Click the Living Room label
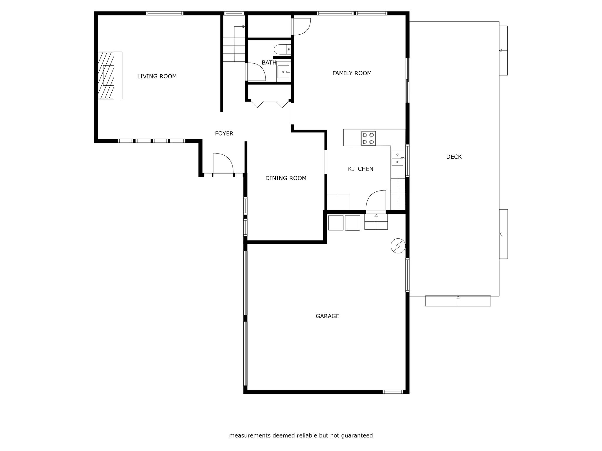click(x=157, y=76)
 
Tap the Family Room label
click(x=352, y=73)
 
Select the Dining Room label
click(x=286, y=178)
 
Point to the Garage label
click(x=327, y=316)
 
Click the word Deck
click(x=454, y=157)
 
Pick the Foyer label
click(x=224, y=134)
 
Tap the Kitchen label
click(x=361, y=169)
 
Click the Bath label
click(x=269, y=63)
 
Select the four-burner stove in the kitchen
click(x=368, y=138)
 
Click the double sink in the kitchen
click(x=397, y=159)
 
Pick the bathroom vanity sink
click(x=284, y=72)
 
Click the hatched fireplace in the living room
click(x=106, y=75)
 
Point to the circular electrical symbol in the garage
click(x=398, y=246)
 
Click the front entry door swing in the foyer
click(x=223, y=163)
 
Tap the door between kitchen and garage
click(x=376, y=200)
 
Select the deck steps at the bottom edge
click(x=458, y=301)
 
